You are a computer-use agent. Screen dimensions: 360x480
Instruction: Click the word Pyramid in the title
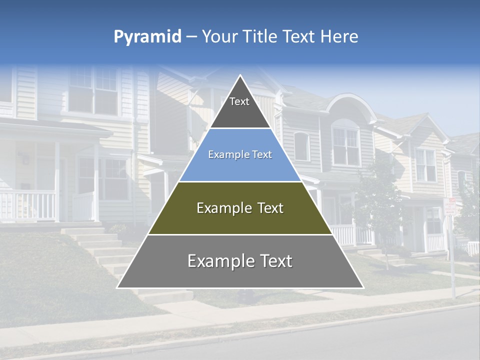click(147, 37)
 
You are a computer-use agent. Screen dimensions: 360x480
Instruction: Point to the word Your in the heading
click(220, 37)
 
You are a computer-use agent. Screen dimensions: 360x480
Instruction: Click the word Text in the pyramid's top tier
click(239, 102)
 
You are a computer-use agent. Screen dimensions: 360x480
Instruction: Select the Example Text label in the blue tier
click(240, 155)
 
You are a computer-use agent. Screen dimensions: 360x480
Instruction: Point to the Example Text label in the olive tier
click(240, 208)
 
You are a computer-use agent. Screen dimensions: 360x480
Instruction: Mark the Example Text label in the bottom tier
click(240, 261)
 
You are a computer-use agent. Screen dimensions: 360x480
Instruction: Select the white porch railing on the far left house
click(27, 205)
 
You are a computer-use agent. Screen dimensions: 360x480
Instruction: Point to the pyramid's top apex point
click(240, 76)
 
